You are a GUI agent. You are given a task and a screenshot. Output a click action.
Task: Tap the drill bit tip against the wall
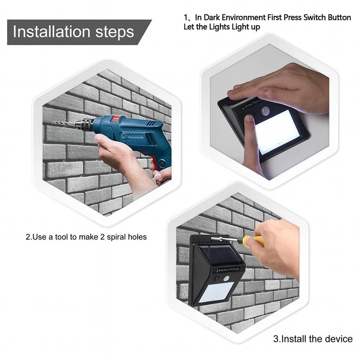pos(54,122)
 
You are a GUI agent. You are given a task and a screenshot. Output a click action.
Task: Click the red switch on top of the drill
pos(116,119)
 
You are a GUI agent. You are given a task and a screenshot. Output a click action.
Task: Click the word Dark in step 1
pos(211,18)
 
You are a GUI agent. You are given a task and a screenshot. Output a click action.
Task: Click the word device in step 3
pos(339,339)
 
